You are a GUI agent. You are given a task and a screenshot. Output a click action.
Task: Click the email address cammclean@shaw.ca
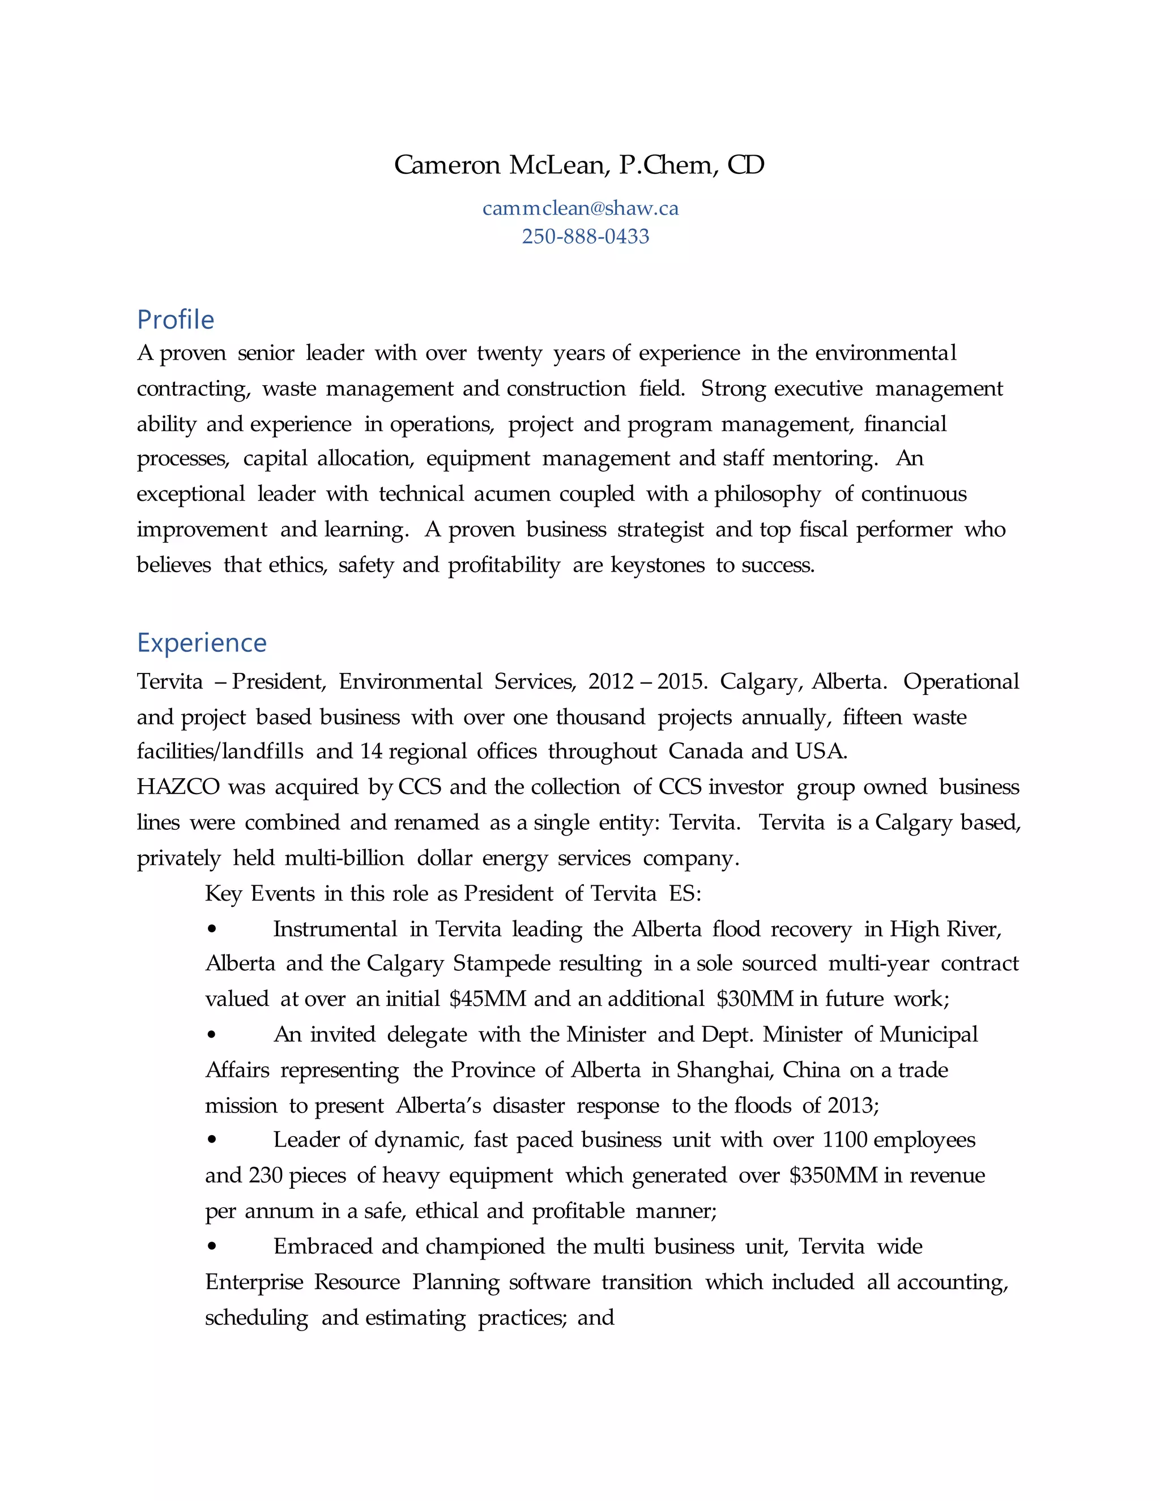(580, 208)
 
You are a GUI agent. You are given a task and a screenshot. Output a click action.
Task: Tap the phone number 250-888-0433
(586, 236)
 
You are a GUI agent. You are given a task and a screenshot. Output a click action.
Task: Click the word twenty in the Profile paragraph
(509, 353)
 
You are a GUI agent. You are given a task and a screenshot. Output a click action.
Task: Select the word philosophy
(767, 494)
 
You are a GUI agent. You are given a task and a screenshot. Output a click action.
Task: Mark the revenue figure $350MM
(834, 1175)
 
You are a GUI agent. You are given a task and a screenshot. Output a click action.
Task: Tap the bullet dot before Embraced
(212, 1246)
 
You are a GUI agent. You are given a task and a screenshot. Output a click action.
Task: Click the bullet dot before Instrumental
(212, 929)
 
